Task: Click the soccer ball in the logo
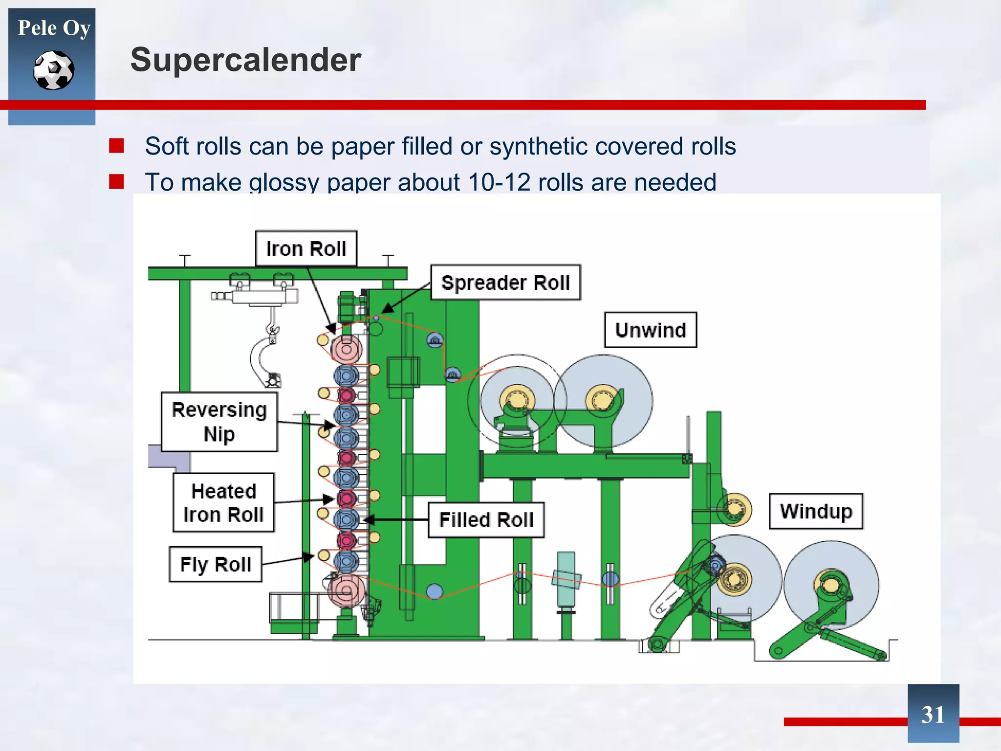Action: pos(54,70)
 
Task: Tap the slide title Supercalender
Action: pos(245,60)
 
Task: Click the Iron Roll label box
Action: pos(306,248)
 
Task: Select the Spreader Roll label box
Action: pos(505,283)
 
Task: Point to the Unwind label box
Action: pos(650,330)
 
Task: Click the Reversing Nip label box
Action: pos(219,421)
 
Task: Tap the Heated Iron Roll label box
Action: pos(223,502)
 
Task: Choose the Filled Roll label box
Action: pos(486,520)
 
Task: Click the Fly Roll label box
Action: pos(215,564)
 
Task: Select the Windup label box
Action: pos(816,511)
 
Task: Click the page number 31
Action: pos(933,714)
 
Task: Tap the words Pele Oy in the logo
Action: pos(54,28)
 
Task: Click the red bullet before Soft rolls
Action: pos(116,146)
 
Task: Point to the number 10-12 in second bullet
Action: pos(499,182)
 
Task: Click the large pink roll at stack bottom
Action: pos(347,591)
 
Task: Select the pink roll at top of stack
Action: pos(347,349)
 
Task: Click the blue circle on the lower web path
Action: pos(434,592)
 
